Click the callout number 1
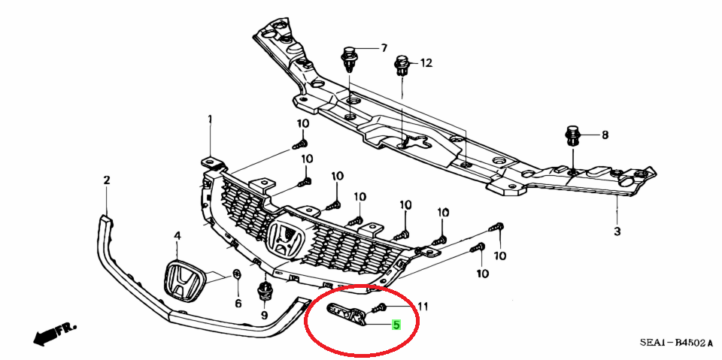pyautogui.click(x=211, y=119)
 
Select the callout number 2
pyautogui.click(x=107, y=180)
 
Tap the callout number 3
pyautogui.click(x=617, y=231)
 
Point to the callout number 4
pyautogui.click(x=177, y=236)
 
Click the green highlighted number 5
pyautogui.click(x=396, y=325)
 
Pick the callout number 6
pyautogui.click(x=238, y=304)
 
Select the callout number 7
pyautogui.click(x=384, y=48)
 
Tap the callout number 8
pyautogui.click(x=605, y=135)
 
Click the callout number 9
pyautogui.click(x=264, y=316)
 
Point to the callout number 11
pyautogui.click(x=423, y=306)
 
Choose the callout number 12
pyautogui.click(x=426, y=63)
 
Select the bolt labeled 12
pyautogui.click(x=402, y=66)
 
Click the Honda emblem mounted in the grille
pyautogui.click(x=286, y=241)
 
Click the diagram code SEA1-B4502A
pyautogui.click(x=675, y=343)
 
